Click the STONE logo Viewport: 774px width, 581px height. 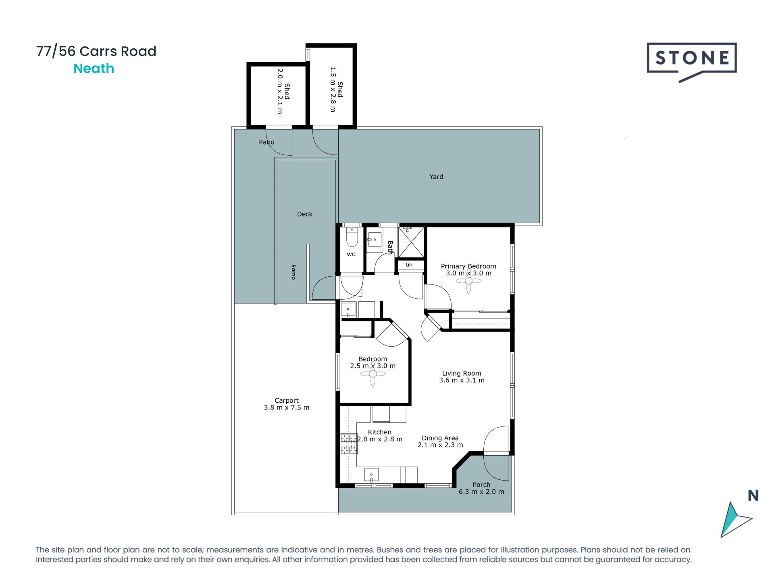[x=692, y=59]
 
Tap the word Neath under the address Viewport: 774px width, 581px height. [x=94, y=69]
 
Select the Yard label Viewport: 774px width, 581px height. [x=436, y=177]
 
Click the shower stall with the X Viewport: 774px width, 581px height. [x=411, y=242]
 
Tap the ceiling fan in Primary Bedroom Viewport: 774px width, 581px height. [x=468, y=281]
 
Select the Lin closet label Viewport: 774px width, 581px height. [x=409, y=265]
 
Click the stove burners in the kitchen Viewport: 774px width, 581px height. [x=349, y=444]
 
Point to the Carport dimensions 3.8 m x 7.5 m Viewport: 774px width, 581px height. [x=287, y=408]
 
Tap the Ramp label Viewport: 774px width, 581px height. [x=293, y=272]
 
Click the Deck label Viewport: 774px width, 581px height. [x=305, y=214]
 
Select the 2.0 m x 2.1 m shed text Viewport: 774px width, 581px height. [x=279, y=91]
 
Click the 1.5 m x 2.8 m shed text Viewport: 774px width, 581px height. [x=333, y=90]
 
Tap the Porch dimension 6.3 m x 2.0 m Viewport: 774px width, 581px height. [x=481, y=492]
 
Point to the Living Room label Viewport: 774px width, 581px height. [x=462, y=373]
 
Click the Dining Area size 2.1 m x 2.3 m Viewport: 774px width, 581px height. [x=440, y=445]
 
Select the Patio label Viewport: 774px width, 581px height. [x=266, y=142]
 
